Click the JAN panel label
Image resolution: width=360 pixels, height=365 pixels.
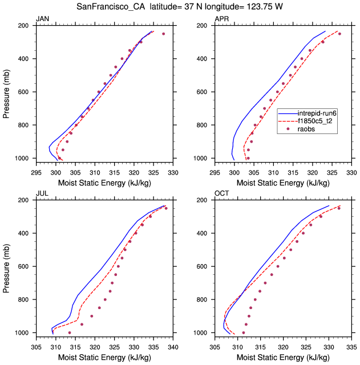tap(42, 19)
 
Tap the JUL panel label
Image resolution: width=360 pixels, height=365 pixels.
tap(42, 194)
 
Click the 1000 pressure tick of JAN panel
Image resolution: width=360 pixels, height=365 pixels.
tap(23, 158)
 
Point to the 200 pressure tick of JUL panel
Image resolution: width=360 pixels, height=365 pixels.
tap(25, 200)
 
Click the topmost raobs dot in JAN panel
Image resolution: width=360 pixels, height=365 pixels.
tap(164, 34)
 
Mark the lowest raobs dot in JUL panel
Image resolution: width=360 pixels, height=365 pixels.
tap(70, 332)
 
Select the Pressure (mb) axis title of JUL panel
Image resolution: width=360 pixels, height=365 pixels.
tap(6, 266)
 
